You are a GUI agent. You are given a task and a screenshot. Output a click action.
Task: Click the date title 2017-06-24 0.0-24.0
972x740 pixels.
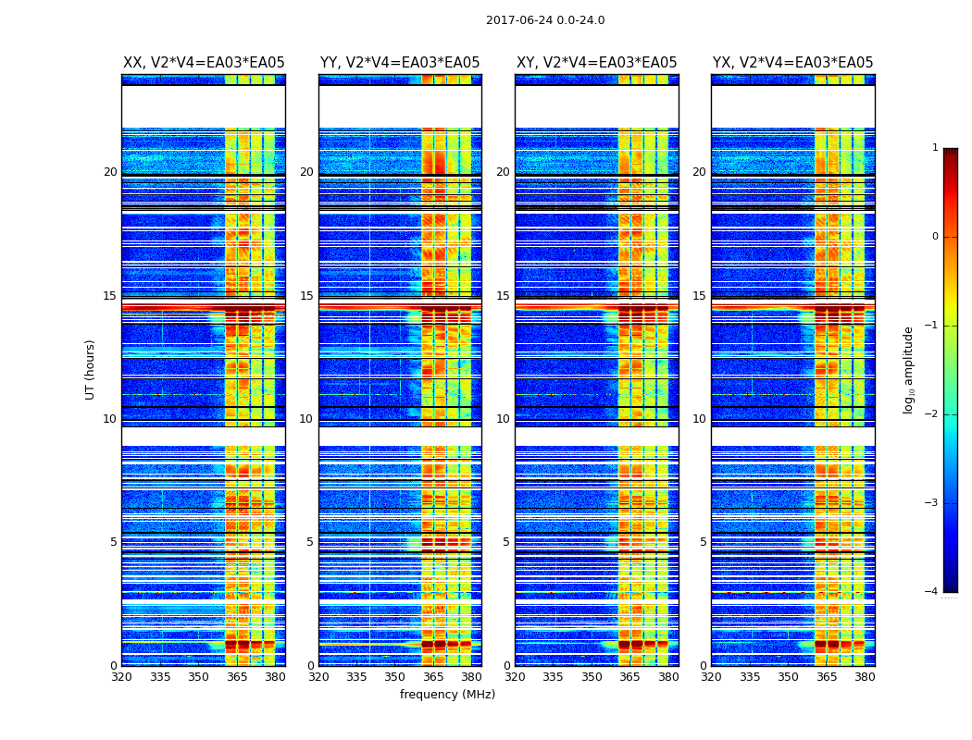[545, 20]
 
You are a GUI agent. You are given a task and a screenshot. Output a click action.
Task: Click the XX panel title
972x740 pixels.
[204, 63]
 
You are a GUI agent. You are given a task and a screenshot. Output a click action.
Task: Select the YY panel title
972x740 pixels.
[400, 63]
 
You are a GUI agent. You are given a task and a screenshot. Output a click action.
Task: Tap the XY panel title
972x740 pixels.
[597, 63]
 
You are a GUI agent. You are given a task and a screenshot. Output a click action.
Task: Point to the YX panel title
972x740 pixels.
[793, 63]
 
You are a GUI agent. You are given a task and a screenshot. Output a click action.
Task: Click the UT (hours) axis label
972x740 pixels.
[91, 369]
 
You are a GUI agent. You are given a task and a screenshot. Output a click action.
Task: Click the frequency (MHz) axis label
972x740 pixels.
[447, 695]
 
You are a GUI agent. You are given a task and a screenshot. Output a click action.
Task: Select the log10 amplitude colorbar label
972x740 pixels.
[909, 369]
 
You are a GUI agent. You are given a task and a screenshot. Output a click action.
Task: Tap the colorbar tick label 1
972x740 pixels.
[934, 148]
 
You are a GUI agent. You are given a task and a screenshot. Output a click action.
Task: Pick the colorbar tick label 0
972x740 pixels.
[934, 237]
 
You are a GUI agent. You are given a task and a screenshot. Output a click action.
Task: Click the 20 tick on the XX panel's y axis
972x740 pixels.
[110, 172]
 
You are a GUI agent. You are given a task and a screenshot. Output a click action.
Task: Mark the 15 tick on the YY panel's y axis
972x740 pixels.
[307, 296]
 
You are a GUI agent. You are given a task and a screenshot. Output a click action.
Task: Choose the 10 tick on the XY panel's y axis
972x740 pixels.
[504, 419]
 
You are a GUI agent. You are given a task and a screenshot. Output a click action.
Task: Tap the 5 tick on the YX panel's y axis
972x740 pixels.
[704, 542]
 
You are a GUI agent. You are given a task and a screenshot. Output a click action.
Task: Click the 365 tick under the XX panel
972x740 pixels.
[237, 676]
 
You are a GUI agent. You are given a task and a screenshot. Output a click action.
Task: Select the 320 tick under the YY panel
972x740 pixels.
[318, 676]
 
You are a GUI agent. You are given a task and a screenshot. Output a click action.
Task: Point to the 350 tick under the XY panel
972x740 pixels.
[592, 676]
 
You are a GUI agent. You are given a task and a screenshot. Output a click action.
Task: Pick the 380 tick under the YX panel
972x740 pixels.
[865, 676]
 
